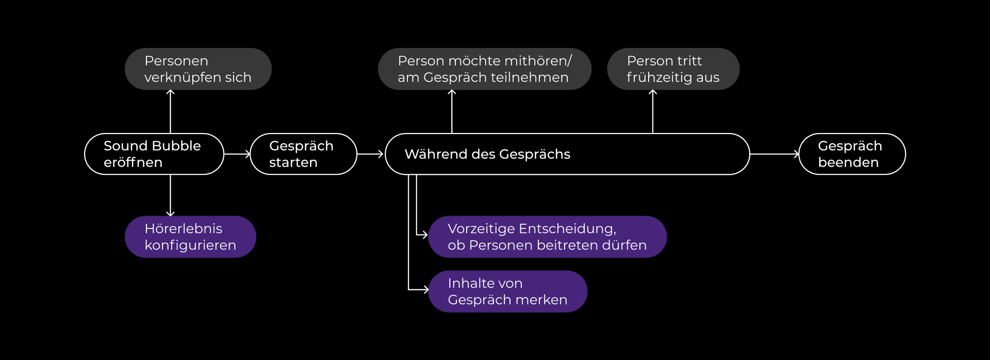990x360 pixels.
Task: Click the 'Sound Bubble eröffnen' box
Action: click(x=154, y=154)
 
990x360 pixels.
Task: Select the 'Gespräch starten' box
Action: click(x=303, y=154)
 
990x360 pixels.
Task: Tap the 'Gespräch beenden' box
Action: click(x=852, y=154)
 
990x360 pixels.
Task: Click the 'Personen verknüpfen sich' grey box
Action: click(x=198, y=69)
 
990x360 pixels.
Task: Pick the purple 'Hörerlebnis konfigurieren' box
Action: click(x=190, y=237)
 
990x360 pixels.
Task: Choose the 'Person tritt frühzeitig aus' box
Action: click(x=673, y=69)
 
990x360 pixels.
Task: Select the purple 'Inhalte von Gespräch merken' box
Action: click(x=507, y=291)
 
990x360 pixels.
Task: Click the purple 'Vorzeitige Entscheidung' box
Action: click(x=547, y=237)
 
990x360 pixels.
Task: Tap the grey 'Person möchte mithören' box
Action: click(x=484, y=69)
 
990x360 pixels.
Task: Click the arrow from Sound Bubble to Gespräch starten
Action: click(x=237, y=154)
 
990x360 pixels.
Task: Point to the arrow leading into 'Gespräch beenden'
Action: click(x=774, y=154)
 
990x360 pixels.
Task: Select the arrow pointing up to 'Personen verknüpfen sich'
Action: click(x=170, y=111)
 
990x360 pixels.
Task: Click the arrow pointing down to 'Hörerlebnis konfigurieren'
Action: click(x=170, y=195)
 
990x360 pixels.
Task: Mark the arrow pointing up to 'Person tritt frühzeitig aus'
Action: click(x=653, y=111)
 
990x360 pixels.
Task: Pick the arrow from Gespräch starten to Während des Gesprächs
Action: click(x=371, y=154)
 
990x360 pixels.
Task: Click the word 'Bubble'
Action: click(x=176, y=146)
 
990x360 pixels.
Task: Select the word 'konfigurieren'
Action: click(x=190, y=246)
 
